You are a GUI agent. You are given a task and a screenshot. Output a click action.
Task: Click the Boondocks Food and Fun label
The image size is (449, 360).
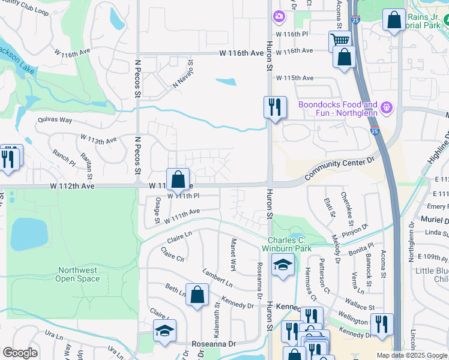pyautogui.click(x=339, y=108)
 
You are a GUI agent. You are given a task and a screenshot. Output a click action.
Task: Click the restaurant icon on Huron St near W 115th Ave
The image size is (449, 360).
pyautogui.click(x=275, y=107)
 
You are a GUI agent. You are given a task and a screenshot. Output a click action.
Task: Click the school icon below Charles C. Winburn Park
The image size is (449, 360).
pyautogui.click(x=283, y=265)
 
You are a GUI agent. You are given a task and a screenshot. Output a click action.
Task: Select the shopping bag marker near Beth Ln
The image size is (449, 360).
pyautogui.click(x=197, y=295)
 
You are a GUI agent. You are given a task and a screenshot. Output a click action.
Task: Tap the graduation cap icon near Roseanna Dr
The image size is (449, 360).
pyautogui.click(x=164, y=331)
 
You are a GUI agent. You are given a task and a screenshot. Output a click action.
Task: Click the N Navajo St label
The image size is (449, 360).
pyautogui.click(x=183, y=74)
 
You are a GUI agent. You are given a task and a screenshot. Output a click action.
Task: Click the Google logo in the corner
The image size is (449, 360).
pyautogui.click(x=20, y=352)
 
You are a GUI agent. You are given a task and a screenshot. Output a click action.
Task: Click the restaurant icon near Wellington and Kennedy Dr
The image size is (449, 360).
pyautogui.click(x=382, y=324)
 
